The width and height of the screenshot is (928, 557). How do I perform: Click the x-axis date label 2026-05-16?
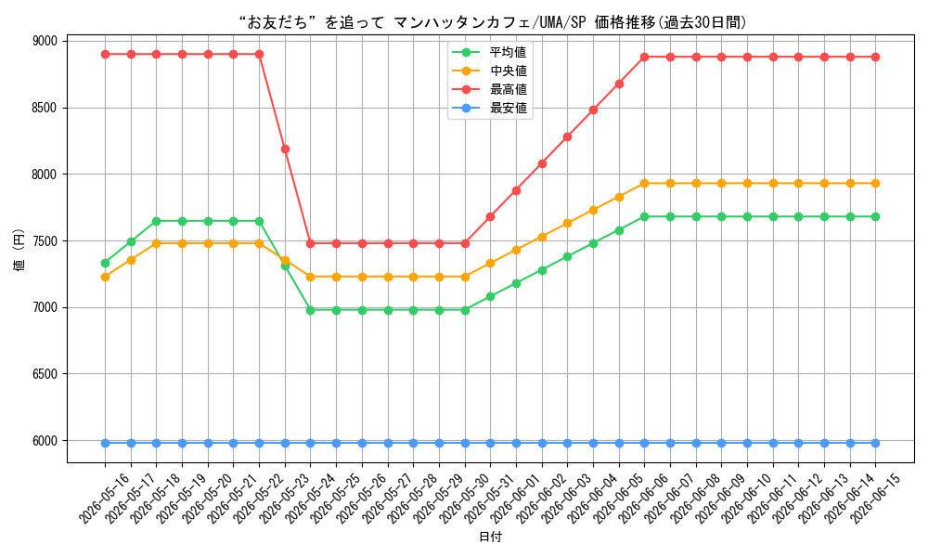tap(104, 499)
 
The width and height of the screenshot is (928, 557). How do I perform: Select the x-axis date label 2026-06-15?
tap(875, 499)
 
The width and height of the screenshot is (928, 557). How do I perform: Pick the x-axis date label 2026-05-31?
tap(489, 499)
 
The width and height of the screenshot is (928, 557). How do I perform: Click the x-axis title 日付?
tap(490, 537)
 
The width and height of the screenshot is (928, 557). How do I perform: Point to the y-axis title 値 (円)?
tap(19, 249)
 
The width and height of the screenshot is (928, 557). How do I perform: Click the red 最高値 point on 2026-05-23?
tap(285, 149)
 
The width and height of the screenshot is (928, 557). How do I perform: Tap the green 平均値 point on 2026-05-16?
tap(106, 263)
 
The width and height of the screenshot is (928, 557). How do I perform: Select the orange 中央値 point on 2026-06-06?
tap(645, 184)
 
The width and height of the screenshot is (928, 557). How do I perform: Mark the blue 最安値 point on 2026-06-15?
tap(875, 443)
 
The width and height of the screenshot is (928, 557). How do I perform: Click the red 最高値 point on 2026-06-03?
tap(568, 136)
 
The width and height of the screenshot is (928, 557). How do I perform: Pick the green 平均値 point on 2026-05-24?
tap(311, 310)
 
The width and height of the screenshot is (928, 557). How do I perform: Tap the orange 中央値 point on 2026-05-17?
tap(131, 260)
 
